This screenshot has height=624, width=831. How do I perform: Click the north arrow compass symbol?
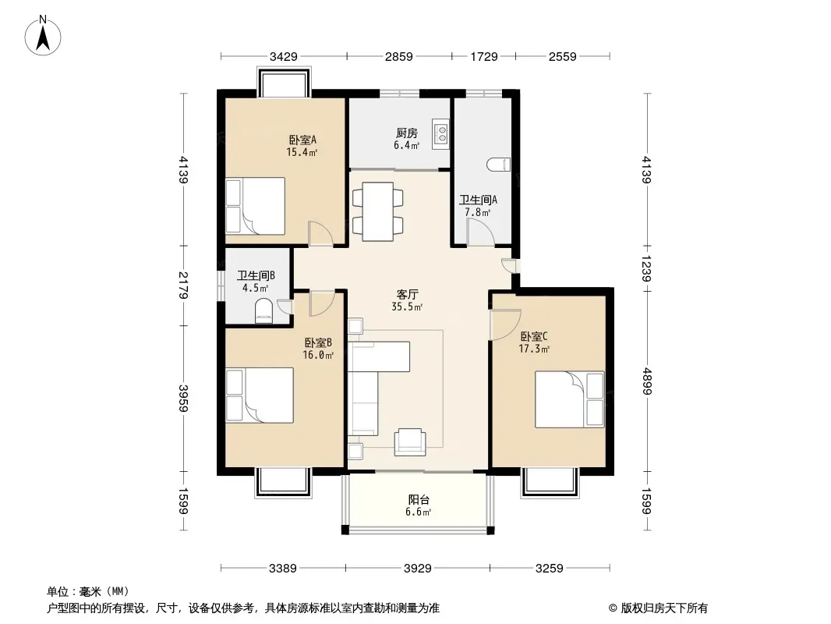[x=43, y=36]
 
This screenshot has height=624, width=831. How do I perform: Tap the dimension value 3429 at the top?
[x=284, y=56]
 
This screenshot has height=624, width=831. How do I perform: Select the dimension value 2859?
[x=398, y=56]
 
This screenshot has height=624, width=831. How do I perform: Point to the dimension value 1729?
[x=484, y=56]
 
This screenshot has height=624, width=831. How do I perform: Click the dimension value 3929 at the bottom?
[x=418, y=569]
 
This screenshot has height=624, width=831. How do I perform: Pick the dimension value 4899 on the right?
[x=646, y=381]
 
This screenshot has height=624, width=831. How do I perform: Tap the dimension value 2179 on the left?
[x=183, y=285]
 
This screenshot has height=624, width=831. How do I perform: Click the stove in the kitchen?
[x=440, y=133]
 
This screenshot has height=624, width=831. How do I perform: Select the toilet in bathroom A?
[x=498, y=165]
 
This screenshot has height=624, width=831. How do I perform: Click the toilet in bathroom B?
[x=264, y=310]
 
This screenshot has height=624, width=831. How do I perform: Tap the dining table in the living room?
[x=378, y=211]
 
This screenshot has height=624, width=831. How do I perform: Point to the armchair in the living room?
[x=410, y=441]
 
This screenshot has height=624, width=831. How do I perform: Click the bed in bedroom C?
[x=570, y=399]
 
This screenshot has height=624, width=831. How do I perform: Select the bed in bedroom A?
[x=256, y=206]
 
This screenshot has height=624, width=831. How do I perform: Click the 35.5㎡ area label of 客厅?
[x=407, y=307]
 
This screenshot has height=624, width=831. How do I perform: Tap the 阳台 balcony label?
[x=419, y=499]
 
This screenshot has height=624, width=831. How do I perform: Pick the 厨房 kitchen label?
[x=406, y=133]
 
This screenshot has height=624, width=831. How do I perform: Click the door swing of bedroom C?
[x=505, y=324]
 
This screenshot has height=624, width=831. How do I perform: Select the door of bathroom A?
[x=480, y=232]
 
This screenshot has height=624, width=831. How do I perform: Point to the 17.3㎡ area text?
[x=534, y=349]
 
